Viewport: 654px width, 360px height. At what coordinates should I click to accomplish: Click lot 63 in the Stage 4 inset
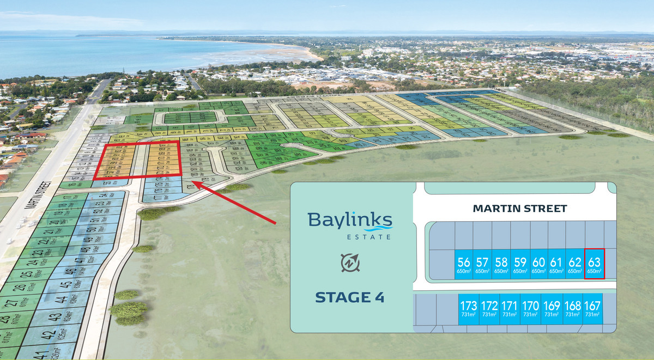(594, 264)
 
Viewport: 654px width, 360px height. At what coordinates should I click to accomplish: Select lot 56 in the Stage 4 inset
(464, 264)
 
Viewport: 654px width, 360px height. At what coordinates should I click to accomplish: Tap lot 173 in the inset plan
(469, 308)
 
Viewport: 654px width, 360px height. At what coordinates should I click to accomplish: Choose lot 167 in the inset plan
(592, 308)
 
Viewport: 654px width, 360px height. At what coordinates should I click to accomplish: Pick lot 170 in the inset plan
(530, 308)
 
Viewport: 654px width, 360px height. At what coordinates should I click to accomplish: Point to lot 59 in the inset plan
(520, 264)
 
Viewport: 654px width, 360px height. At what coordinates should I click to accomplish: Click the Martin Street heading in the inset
(520, 208)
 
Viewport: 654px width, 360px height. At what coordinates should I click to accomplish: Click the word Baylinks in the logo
(349, 221)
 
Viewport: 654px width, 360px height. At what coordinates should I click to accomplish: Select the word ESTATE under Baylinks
(370, 236)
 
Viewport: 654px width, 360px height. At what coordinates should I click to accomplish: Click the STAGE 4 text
(349, 297)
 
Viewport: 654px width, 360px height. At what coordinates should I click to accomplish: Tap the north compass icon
(349, 263)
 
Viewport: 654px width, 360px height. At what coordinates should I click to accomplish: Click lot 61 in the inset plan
(556, 264)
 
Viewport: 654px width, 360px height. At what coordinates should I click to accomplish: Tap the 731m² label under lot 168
(572, 314)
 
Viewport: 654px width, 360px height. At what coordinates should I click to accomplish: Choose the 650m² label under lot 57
(482, 271)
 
